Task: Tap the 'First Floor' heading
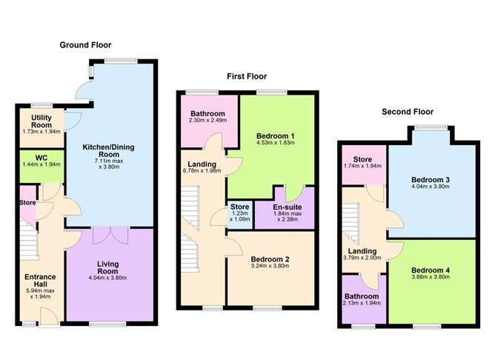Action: (247, 76)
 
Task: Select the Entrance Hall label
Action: (39, 280)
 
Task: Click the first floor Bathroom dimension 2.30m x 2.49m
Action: (207, 120)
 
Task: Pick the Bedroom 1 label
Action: (275, 137)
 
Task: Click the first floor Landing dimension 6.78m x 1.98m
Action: (202, 172)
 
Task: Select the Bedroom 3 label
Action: (431, 180)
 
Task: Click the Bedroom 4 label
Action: (431, 270)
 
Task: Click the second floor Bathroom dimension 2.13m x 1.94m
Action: (363, 303)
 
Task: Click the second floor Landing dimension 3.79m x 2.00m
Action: (363, 259)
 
